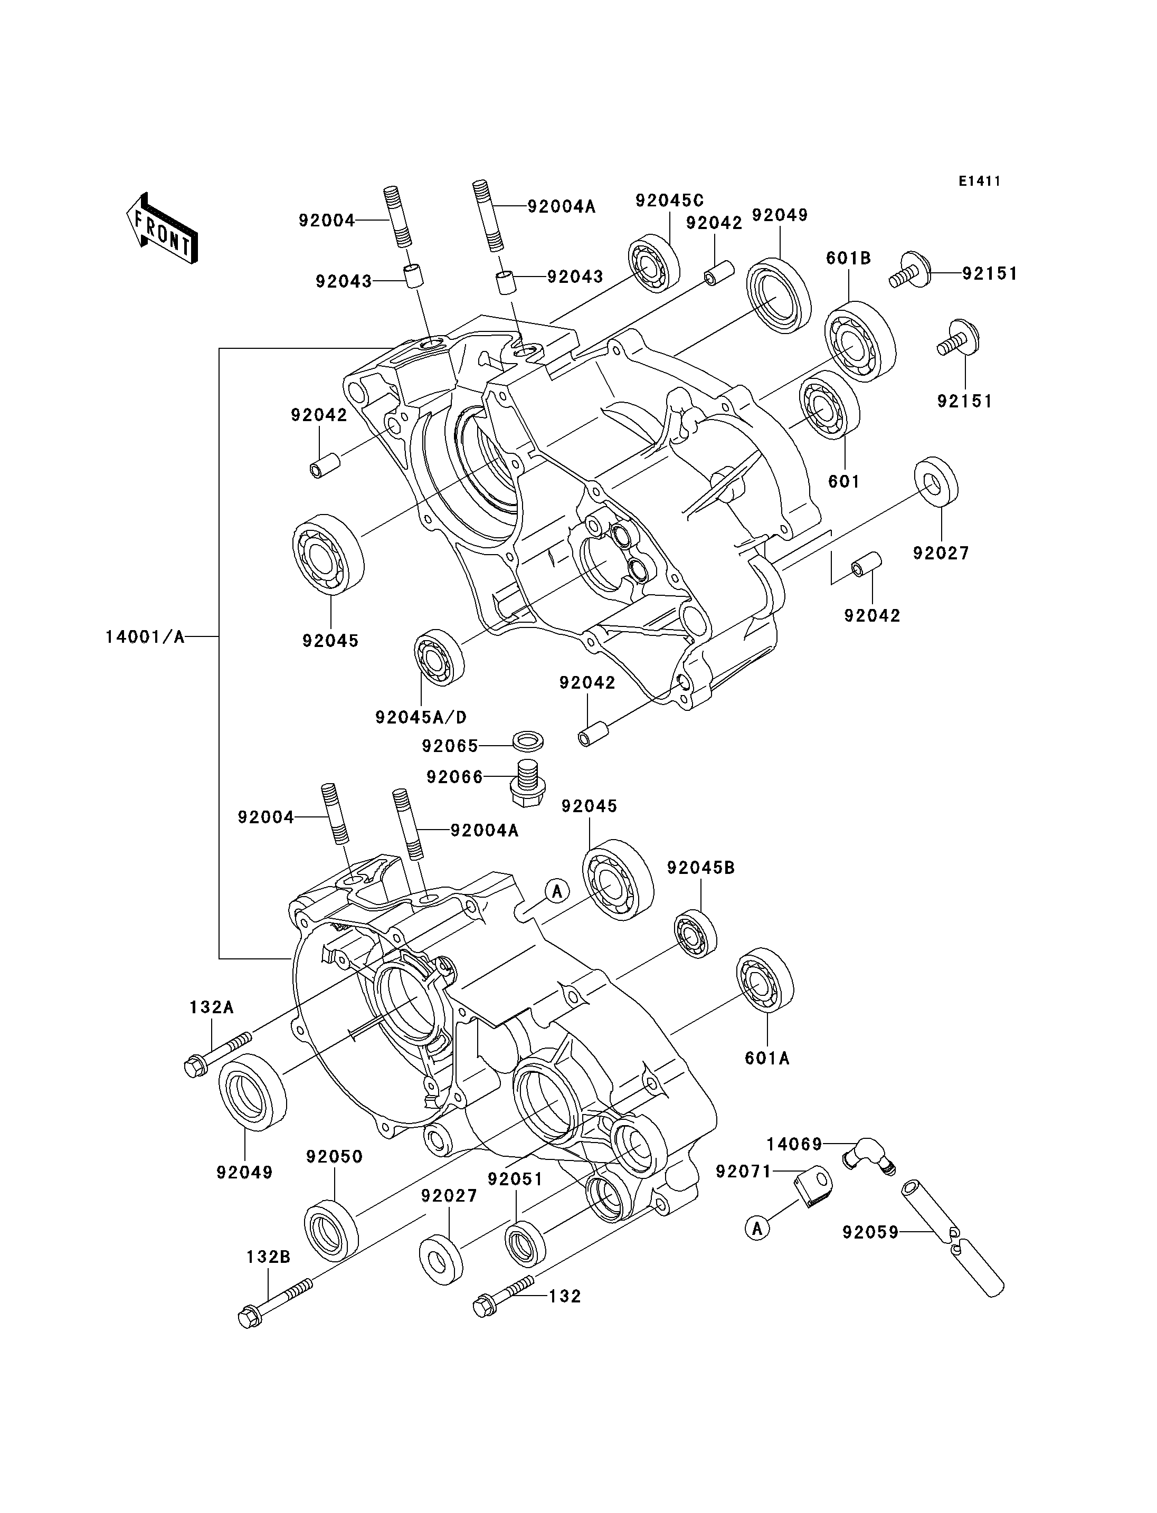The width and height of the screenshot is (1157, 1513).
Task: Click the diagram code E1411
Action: pyautogui.click(x=979, y=181)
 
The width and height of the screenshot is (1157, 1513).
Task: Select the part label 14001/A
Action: pyautogui.click(x=145, y=637)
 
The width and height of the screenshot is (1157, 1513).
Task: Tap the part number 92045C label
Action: pyautogui.click(x=669, y=201)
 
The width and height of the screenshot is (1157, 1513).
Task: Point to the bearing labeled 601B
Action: pyautogui.click(x=860, y=341)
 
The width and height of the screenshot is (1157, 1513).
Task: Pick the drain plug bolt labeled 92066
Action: pyautogui.click(x=527, y=784)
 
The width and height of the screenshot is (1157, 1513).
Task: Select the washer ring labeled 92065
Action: pyautogui.click(x=528, y=741)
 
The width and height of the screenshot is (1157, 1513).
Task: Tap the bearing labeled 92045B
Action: pyautogui.click(x=695, y=933)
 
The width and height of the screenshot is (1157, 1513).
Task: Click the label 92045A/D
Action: pyautogui.click(x=421, y=717)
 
